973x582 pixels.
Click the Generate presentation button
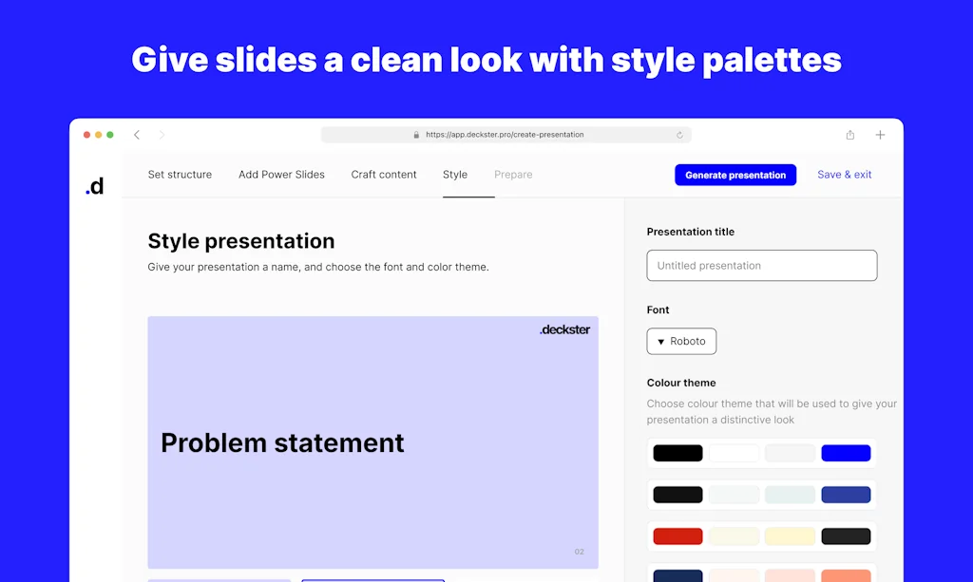[735, 175]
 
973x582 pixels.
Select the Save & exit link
[845, 175]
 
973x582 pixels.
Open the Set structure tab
[180, 175]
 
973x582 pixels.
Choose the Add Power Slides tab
[281, 175]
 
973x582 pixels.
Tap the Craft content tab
[384, 175]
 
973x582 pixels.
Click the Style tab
[455, 175]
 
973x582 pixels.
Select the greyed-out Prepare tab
[513, 175]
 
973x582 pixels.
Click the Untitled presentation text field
[761, 266]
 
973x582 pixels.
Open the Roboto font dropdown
[681, 342]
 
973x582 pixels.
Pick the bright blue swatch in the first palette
[846, 454]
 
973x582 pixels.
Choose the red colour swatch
[677, 536]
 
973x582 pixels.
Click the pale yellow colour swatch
[790, 536]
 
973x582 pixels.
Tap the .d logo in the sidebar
[95, 186]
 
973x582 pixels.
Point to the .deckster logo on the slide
[564, 329]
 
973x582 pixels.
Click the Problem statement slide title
[282, 442]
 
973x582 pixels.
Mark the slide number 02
[579, 552]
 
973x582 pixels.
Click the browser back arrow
[137, 135]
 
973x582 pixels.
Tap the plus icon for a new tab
[880, 135]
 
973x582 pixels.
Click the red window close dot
[87, 135]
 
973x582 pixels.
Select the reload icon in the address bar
[679, 135]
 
